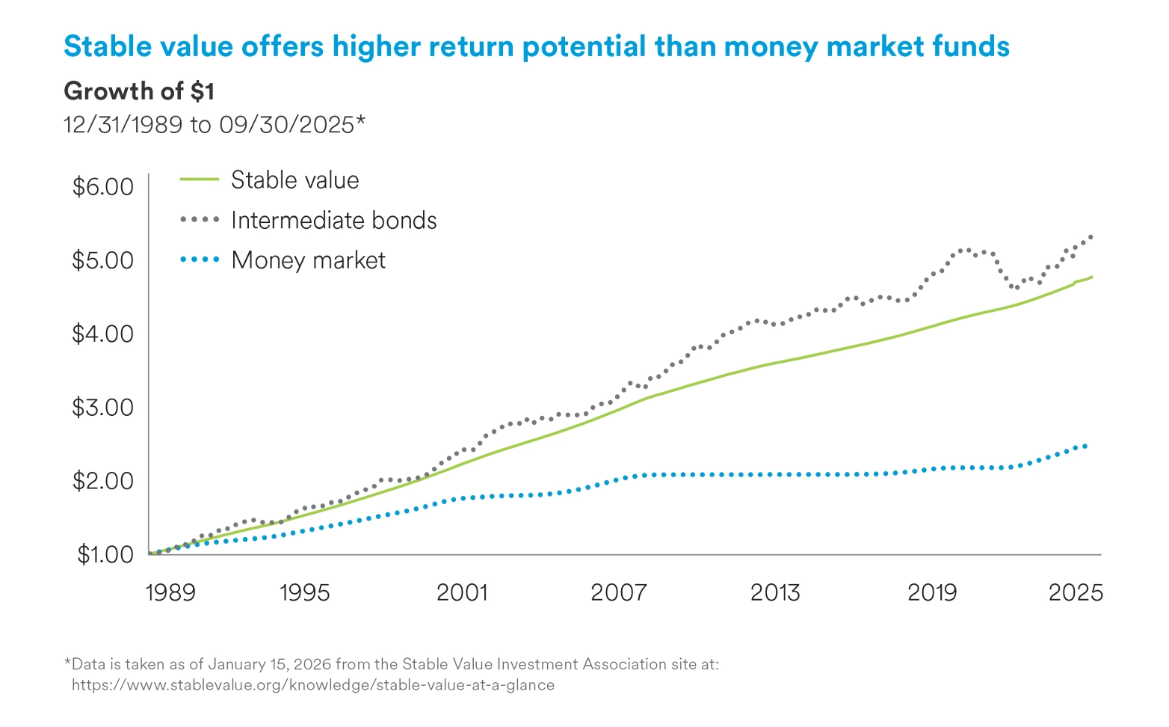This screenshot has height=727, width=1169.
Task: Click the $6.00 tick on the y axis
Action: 102,186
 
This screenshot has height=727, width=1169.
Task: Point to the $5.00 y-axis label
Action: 102,260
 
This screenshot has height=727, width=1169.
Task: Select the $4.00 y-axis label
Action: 102,334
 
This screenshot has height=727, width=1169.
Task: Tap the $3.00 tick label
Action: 102,408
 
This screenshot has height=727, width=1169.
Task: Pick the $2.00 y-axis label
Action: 102,481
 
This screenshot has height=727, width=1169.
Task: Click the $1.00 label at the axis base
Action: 105,554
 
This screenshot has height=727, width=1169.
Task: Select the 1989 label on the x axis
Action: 170,593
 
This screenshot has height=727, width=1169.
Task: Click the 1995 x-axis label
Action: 304,593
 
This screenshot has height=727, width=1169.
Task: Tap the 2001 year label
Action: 461,593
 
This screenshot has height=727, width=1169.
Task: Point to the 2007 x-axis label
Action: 618,593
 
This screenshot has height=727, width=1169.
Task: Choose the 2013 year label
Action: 775,593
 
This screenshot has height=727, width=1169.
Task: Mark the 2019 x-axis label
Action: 932,593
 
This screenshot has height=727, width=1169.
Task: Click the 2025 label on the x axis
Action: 1076,593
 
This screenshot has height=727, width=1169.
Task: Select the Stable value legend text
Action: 294,180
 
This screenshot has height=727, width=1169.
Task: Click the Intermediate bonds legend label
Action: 333,221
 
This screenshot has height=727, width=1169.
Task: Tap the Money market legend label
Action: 308,260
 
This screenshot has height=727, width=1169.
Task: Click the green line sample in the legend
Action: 200,180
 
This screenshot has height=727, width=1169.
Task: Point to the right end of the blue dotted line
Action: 1085,446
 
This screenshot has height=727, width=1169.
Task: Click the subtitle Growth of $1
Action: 139,91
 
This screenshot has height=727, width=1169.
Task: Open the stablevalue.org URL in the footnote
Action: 313,685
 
